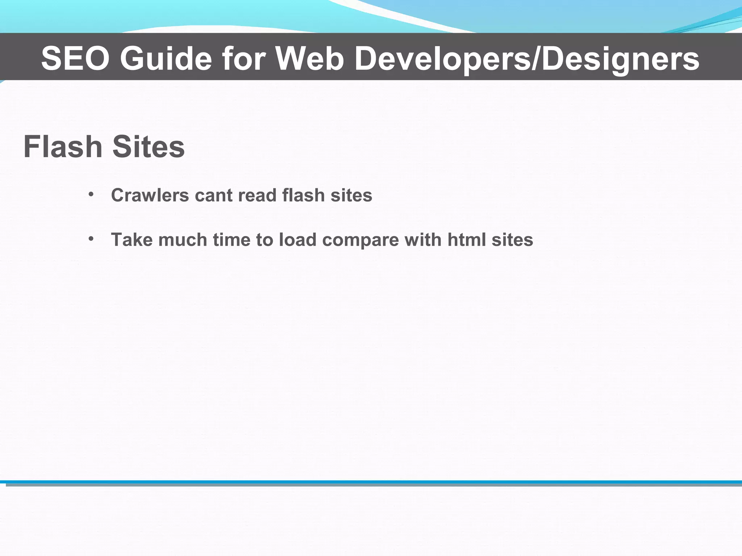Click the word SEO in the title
75,58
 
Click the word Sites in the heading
149,147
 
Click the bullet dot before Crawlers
91,194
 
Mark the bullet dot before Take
91,239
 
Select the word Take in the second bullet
132,240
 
